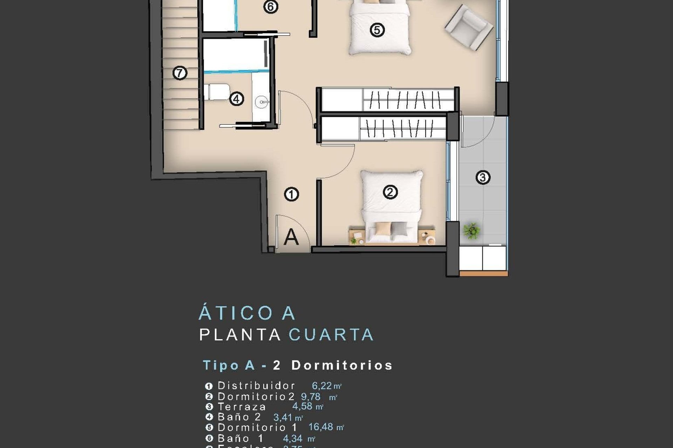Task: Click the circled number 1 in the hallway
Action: click(291, 194)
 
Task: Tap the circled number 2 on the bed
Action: click(390, 192)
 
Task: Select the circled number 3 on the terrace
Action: click(483, 177)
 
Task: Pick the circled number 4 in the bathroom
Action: click(237, 99)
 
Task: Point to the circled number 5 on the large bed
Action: click(377, 30)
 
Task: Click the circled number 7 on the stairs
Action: click(180, 73)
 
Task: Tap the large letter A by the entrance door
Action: click(291, 237)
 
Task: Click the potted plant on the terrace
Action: click(471, 231)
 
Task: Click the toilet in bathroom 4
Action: click(217, 92)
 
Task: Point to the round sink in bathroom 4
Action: click(262, 102)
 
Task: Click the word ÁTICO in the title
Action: click(236, 313)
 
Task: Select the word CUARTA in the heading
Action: click(331, 335)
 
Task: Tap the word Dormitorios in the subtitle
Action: click(342, 365)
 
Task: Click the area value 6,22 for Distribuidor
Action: click(322, 386)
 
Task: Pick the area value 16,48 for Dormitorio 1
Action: click(320, 427)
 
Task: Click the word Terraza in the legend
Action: click(242, 407)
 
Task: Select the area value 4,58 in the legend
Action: click(302, 406)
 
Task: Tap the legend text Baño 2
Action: click(239, 417)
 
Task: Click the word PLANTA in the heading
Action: click(240, 335)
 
